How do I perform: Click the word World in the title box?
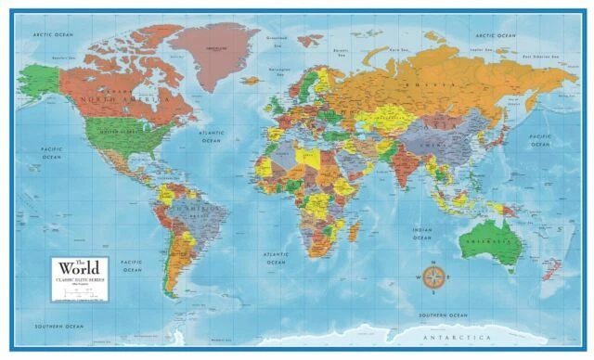(x=79, y=267)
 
